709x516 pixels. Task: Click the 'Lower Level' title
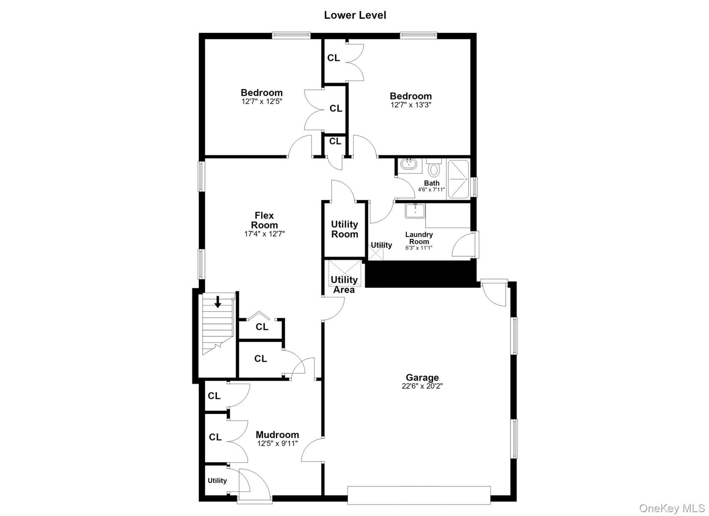point(355,15)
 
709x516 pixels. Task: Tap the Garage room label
point(422,377)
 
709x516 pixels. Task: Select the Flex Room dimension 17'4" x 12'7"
point(264,234)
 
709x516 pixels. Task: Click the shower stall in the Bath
point(458,179)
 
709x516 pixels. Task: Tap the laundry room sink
point(415,210)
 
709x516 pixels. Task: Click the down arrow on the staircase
point(218,302)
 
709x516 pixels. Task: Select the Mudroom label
point(277,435)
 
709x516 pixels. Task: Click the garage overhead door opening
point(419,495)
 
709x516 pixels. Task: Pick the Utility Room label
point(344,229)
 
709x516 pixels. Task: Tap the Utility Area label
point(344,285)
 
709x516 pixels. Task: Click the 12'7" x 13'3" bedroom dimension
point(411,105)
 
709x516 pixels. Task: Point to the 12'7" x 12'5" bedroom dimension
point(262,102)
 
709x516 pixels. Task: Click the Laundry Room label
point(419,238)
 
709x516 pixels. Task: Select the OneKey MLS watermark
point(672,508)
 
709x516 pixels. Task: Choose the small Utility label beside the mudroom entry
point(217,481)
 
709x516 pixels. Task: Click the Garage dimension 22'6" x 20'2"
point(422,386)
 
